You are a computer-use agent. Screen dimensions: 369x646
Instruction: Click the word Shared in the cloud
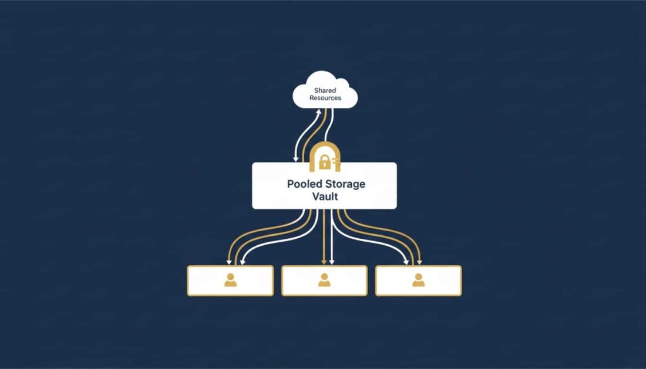325,90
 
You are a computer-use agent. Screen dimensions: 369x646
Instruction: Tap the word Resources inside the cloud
325,98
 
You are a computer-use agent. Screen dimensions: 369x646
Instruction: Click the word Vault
325,197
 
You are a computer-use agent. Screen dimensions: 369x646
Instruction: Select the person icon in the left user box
230,280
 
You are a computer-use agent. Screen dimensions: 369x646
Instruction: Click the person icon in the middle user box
324,280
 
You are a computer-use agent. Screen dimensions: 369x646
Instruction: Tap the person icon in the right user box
418,280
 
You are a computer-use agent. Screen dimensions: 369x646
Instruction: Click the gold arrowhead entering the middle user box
324,262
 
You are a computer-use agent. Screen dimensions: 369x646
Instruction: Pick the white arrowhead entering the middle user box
332,262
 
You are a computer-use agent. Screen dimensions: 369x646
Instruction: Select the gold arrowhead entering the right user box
419,262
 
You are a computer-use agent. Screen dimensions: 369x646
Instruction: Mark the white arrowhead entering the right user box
406,262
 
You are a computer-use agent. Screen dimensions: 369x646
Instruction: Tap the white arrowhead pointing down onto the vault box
295,158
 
